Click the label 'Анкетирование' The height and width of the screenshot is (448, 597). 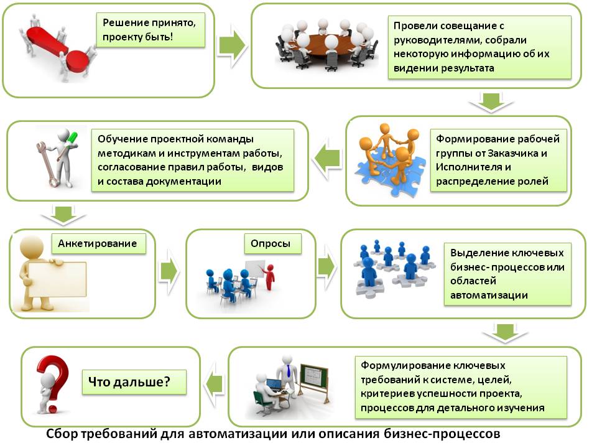(97, 243)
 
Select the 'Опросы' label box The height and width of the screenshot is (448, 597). (271, 243)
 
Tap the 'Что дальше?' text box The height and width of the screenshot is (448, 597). (134, 380)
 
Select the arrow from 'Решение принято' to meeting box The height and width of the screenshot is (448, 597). (232, 46)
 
